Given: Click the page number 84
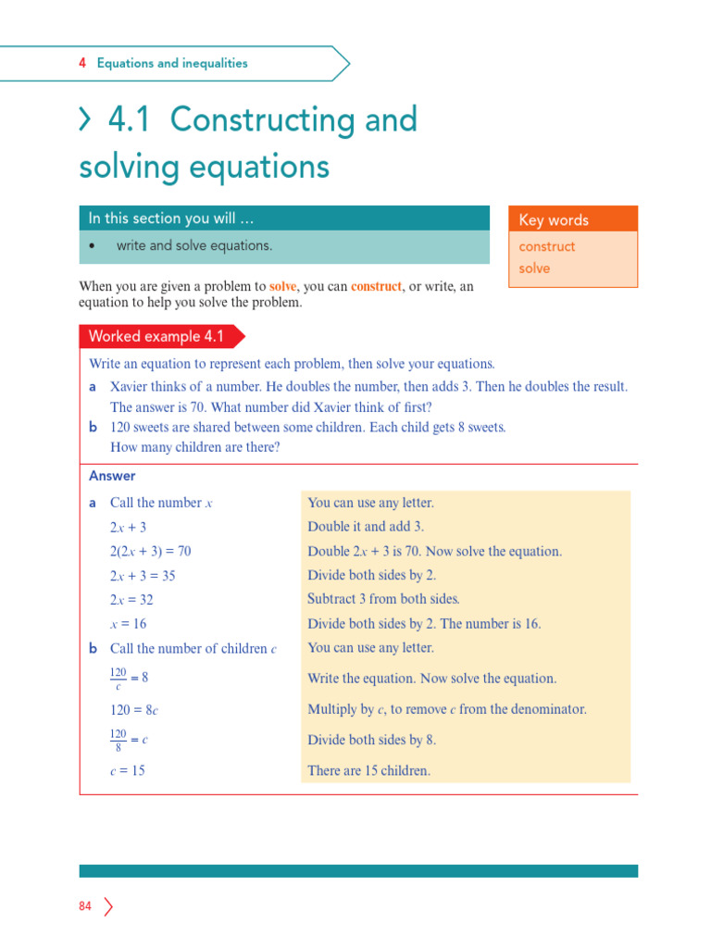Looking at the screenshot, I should coord(85,906).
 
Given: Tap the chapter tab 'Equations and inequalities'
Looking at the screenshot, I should coord(172,64).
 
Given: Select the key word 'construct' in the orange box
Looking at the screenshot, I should coord(547,246).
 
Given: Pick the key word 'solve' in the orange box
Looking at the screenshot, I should coord(534,268).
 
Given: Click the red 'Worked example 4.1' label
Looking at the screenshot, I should coord(156,336).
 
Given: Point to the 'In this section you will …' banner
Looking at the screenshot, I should coord(171,218).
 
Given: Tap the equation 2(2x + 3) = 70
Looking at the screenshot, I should coord(151,551).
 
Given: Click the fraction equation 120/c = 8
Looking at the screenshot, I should coord(130,678).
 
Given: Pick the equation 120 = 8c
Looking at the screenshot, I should coord(134,710).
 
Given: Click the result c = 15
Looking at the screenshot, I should coord(128,770).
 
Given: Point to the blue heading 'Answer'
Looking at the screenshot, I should coord(112,476).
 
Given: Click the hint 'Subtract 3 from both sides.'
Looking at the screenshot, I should coord(383,599).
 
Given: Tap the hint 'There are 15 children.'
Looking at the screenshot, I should coord(368,770).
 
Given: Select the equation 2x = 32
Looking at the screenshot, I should coord(131,600).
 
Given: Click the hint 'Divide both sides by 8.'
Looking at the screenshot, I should coord(371,740).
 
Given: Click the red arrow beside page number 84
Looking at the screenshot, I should coord(108,906).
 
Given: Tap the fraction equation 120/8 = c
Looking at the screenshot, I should coord(130,740).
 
